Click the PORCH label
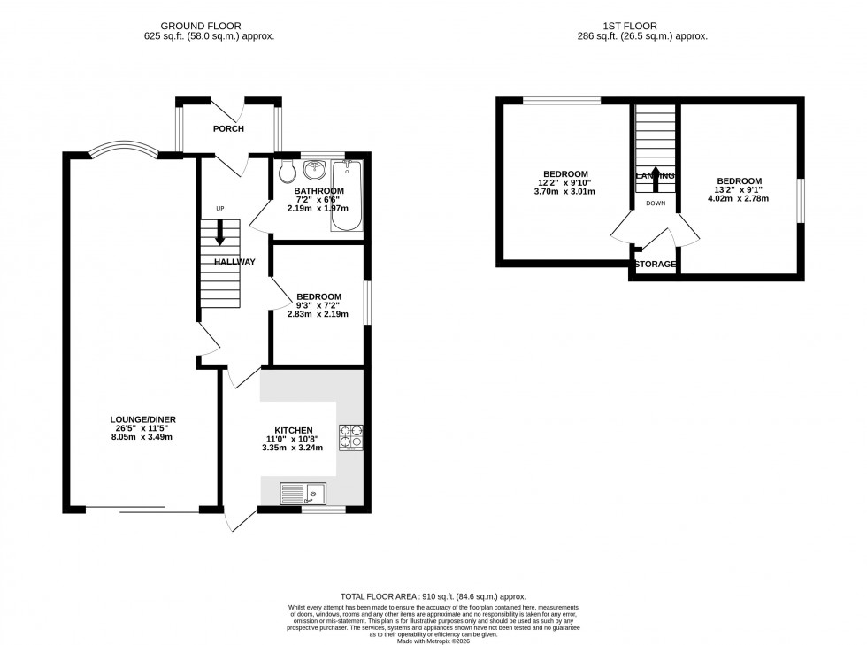tap(228, 129)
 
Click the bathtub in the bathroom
tap(346, 196)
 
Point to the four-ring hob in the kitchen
tap(350, 438)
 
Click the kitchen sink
tap(303, 492)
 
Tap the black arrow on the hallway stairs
tap(219, 233)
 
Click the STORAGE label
tap(655, 265)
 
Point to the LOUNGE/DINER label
tap(137, 419)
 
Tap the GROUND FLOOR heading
tap(209, 27)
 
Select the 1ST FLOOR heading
tap(650, 27)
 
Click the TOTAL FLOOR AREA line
tap(433, 598)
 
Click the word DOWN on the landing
tap(655, 203)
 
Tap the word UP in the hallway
tap(220, 209)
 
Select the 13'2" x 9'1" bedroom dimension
tap(738, 189)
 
